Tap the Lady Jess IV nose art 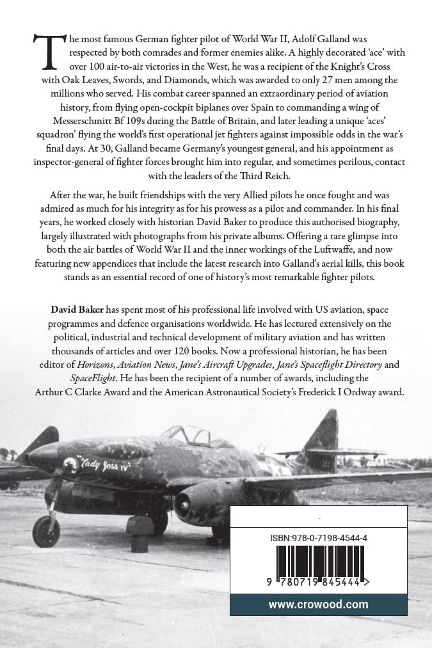pyautogui.click(x=105, y=463)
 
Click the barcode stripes pyautogui.click(x=318, y=561)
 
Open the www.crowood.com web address pyautogui.click(x=318, y=604)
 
